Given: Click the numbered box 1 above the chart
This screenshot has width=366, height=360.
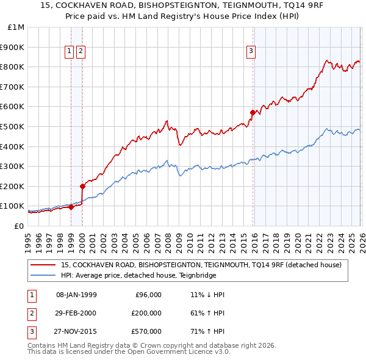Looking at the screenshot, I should click(x=69, y=52).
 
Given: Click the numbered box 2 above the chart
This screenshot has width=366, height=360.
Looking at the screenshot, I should click(x=81, y=52).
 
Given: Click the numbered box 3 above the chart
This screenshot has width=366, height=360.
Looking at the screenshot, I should click(x=251, y=52).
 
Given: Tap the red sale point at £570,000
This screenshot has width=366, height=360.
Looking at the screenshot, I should click(x=253, y=112).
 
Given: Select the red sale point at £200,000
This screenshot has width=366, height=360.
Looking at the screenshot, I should click(x=82, y=185).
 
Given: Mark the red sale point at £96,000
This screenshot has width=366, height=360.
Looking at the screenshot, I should click(x=71, y=207).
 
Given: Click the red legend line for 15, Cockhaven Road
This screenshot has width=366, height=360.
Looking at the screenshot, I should click(x=43, y=265).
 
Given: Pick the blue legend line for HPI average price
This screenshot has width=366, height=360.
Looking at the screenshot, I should click(x=43, y=275).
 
